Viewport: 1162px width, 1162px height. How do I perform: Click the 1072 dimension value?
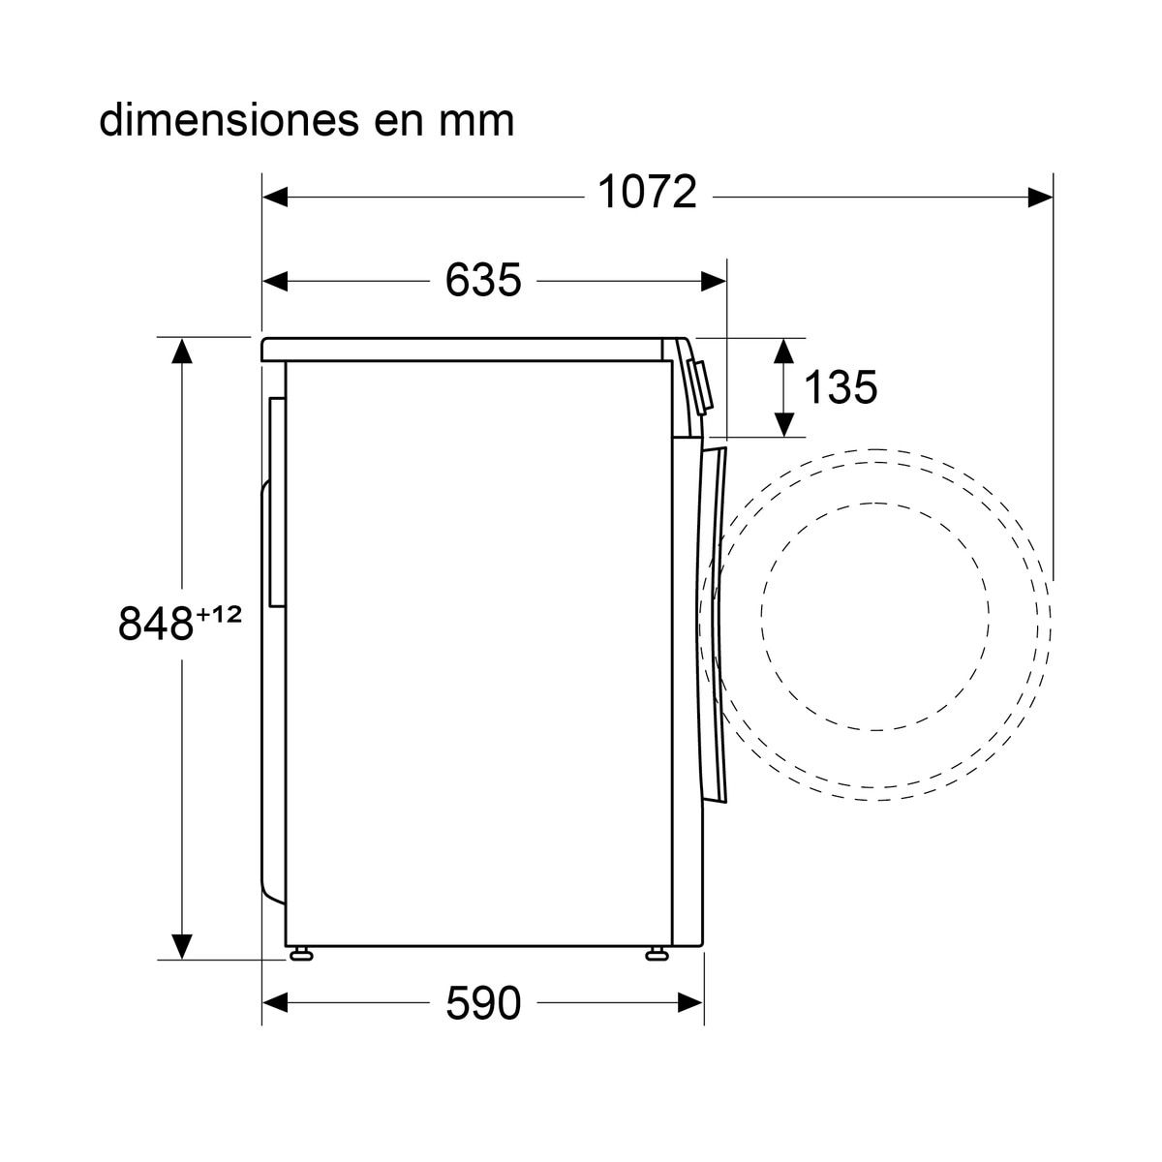[x=647, y=193]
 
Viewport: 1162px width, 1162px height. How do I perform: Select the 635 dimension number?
[x=483, y=281]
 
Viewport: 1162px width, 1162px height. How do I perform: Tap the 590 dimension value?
[x=483, y=1002]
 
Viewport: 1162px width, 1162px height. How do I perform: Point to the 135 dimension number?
[x=841, y=386]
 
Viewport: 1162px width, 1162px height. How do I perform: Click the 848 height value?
[x=156, y=625]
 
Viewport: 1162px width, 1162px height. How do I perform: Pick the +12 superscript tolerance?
[x=218, y=615]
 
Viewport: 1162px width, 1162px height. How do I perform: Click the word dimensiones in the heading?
[x=229, y=120]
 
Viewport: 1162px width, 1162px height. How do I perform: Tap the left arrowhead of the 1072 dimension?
[x=275, y=197]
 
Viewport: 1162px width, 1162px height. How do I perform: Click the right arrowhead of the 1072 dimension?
[x=1040, y=197]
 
